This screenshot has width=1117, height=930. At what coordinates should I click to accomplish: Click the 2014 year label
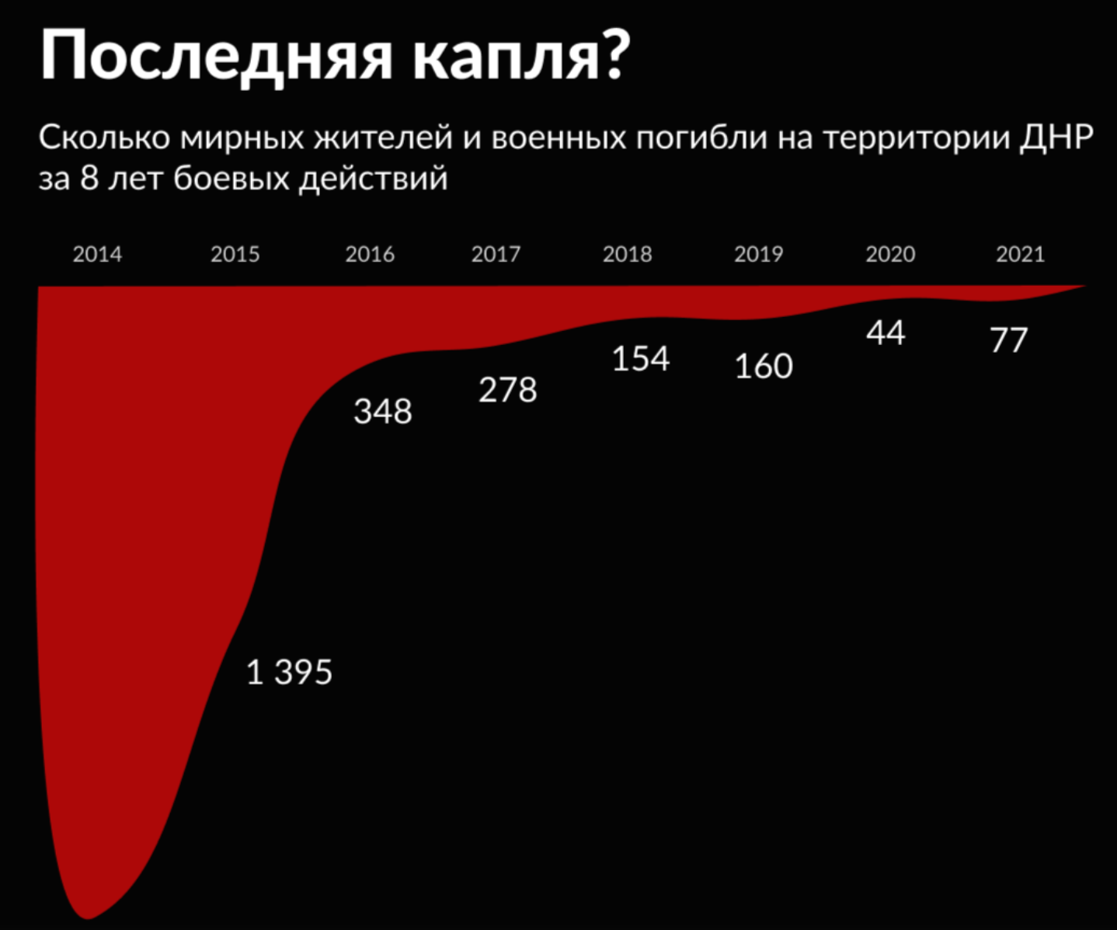point(97,254)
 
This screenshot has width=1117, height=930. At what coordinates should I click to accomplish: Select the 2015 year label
point(235,254)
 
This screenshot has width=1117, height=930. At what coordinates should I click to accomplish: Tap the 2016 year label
point(370,254)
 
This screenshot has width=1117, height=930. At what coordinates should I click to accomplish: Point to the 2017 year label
point(496,254)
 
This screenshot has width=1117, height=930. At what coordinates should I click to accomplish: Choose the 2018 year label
point(627,254)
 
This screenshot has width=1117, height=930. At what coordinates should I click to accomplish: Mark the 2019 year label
point(758,254)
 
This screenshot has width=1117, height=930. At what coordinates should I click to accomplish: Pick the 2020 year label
point(890,254)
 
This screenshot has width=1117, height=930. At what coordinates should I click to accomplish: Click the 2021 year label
point(1020,254)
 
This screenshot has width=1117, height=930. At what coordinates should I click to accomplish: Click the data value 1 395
point(289,672)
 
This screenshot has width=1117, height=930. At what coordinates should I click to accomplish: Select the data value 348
point(382,411)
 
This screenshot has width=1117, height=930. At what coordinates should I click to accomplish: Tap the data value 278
point(507,390)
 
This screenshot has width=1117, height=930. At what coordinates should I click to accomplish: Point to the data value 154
point(640,359)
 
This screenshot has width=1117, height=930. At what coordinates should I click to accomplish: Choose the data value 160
point(764,367)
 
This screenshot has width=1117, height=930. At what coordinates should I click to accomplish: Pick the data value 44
point(886,333)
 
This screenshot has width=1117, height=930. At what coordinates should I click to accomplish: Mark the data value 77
point(1008,340)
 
